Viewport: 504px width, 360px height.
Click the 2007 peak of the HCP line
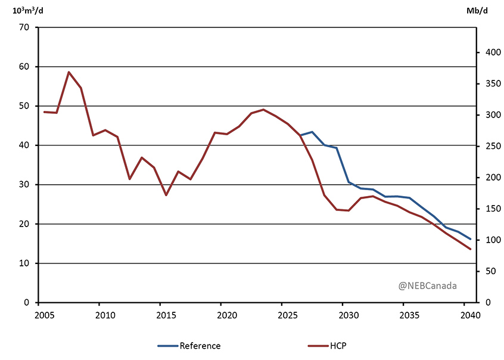click(x=69, y=72)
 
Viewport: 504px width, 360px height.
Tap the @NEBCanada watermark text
click(x=428, y=285)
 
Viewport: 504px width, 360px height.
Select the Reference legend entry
click(x=189, y=346)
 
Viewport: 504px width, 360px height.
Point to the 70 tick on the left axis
click(x=24, y=27)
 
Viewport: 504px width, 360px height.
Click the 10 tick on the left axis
click(x=24, y=263)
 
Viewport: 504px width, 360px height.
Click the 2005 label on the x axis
click(x=43, y=314)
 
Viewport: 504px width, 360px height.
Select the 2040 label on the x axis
click(x=470, y=314)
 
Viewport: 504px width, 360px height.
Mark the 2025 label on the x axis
click(x=287, y=314)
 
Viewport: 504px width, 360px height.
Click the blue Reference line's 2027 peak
click(x=312, y=132)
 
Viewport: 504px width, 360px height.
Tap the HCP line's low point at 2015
click(x=166, y=195)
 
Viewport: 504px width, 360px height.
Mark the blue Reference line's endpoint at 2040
click(x=470, y=239)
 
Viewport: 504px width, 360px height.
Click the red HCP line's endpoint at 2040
click(x=470, y=249)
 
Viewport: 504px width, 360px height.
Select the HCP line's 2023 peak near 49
click(x=263, y=110)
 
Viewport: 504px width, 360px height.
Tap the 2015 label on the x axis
click(x=165, y=314)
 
